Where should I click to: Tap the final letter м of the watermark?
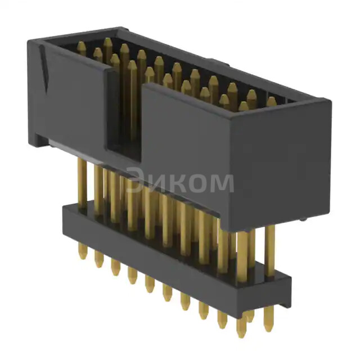click(x=222, y=183)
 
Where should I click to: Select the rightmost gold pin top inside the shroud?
click(x=272, y=102)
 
